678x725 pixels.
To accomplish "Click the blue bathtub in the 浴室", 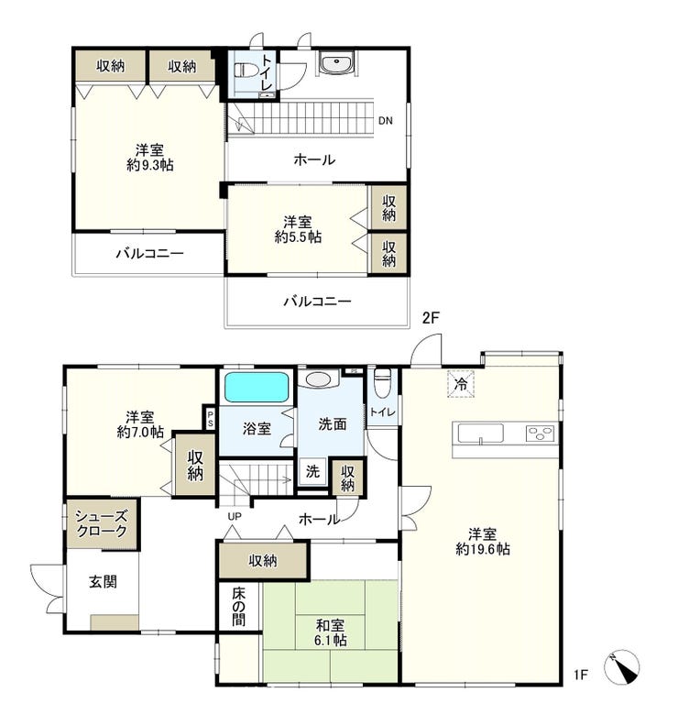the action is click(x=257, y=387).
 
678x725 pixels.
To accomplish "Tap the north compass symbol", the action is click(x=621, y=667).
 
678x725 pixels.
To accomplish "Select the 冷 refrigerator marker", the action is click(x=460, y=383).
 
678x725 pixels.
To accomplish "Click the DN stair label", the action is click(x=386, y=121).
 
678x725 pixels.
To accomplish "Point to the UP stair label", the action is click(x=235, y=516).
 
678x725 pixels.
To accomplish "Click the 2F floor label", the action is click(x=431, y=318).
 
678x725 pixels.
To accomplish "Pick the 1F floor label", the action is click(x=581, y=676).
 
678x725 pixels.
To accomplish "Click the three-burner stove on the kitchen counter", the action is click(x=541, y=434).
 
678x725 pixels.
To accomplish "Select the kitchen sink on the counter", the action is click(x=480, y=434).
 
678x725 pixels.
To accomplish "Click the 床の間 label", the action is click(x=239, y=606).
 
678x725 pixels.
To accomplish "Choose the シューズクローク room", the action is click(x=102, y=524).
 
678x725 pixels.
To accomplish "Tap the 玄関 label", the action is click(x=103, y=582).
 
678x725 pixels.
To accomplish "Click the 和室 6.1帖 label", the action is click(x=331, y=633).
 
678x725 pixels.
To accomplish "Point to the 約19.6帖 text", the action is click(x=483, y=549).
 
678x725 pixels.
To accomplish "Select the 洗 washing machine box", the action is click(x=312, y=471).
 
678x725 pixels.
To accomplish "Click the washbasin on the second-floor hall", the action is click(x=336, y=62).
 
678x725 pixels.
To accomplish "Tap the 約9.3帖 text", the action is click(x=150, y=165).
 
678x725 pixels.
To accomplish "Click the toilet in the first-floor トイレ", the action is click(x=382, y=383).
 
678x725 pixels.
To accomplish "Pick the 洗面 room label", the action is click(x=333, y=424).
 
